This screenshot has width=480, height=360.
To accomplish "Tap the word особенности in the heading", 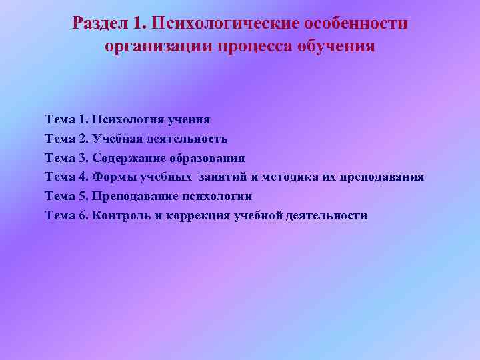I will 357,24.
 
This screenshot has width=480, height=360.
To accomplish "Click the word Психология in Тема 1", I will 125,120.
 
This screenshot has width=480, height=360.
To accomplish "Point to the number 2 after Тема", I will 83,139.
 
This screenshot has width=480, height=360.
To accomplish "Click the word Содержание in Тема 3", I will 126,159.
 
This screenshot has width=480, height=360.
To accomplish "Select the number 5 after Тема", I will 83,197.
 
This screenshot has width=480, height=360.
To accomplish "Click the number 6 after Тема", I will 83,216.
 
